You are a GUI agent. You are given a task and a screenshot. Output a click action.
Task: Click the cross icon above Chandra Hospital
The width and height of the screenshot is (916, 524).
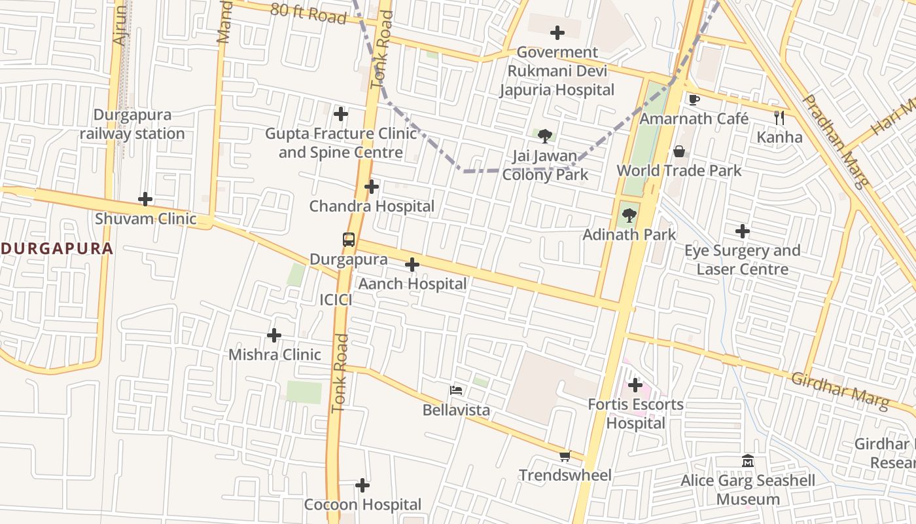tap(372, 187)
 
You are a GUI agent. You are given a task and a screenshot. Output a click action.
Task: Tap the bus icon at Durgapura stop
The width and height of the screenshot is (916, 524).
tap(349, 240)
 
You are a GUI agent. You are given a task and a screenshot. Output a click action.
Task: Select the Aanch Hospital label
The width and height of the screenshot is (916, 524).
tap(412, 284)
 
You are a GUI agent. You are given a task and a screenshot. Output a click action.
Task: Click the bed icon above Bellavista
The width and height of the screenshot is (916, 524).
tap(457, 391)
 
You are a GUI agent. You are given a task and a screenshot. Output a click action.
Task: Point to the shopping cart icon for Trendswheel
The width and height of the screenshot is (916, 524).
tap(565, 456)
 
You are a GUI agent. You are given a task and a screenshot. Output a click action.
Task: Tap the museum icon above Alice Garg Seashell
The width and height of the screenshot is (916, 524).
tap(748, 461)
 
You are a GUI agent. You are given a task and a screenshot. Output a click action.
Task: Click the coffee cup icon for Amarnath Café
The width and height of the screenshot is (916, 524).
tap(694, 100)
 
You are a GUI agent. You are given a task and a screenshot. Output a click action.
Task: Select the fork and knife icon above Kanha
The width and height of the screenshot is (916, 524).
tap(779, 118)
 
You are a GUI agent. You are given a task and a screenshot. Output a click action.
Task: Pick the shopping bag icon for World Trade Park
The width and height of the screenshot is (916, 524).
tap(679, 151)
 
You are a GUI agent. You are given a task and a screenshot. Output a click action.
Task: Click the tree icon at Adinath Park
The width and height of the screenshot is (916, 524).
tap(629, 215)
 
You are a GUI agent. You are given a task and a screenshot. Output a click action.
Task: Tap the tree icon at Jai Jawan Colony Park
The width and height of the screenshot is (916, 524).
tap(545, 136)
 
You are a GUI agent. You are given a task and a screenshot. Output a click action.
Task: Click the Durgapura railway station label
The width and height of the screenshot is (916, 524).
tap(133, 124)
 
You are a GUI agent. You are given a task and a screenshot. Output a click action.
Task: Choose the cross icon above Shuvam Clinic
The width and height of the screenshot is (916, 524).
tap(145, 199)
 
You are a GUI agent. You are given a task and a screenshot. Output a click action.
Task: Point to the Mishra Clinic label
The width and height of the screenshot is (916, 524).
tap(275, 354)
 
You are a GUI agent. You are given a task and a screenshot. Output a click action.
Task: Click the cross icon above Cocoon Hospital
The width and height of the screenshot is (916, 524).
tap(362, 485)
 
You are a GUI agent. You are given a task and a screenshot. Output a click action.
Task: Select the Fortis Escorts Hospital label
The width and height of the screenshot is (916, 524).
tap(635, 413)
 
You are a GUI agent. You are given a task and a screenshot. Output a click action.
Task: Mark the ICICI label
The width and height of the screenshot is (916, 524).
tap(336, 300)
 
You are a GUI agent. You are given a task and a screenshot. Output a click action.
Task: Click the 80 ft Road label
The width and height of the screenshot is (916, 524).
tap(308, 12)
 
